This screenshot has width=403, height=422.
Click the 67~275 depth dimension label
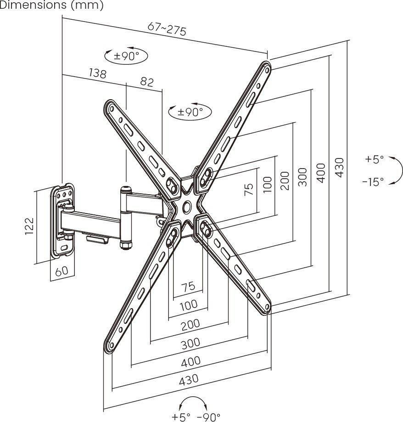click(x=167, y=28)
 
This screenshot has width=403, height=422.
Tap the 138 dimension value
click(x=98, y=73)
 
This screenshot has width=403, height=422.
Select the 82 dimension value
click(x=147, y=82)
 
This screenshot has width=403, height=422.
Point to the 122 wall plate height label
click(x=29, y=225)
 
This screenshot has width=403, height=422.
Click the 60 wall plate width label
click(x=62, y=271)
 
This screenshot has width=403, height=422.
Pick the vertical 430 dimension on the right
click(x=340, y=168)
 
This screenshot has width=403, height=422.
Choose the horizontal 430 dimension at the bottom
click(x=189, y=379)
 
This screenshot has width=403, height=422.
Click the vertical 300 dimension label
click(x=302, y=177)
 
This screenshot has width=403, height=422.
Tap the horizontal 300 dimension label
click(x=190, y=343)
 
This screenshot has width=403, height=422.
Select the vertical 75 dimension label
click(x=249, y=190)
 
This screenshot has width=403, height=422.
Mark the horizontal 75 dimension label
click(x=188, y=286)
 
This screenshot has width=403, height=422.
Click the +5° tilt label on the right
click(x=374, y=159)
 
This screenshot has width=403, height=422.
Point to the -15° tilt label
click(x=373, y=182)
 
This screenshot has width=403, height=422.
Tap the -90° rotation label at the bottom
click(x=208, y=417)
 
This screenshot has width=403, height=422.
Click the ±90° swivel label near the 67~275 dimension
click(x=126, y=56)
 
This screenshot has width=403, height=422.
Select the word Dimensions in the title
click(x=34, y=5)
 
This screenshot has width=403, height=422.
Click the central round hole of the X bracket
click(x=186, y=206)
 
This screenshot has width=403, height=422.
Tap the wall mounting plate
click(x=63, y=220)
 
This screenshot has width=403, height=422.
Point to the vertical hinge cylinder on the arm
click(x=126, y=218)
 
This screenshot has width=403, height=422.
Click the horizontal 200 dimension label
click(x=190, y=325)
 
